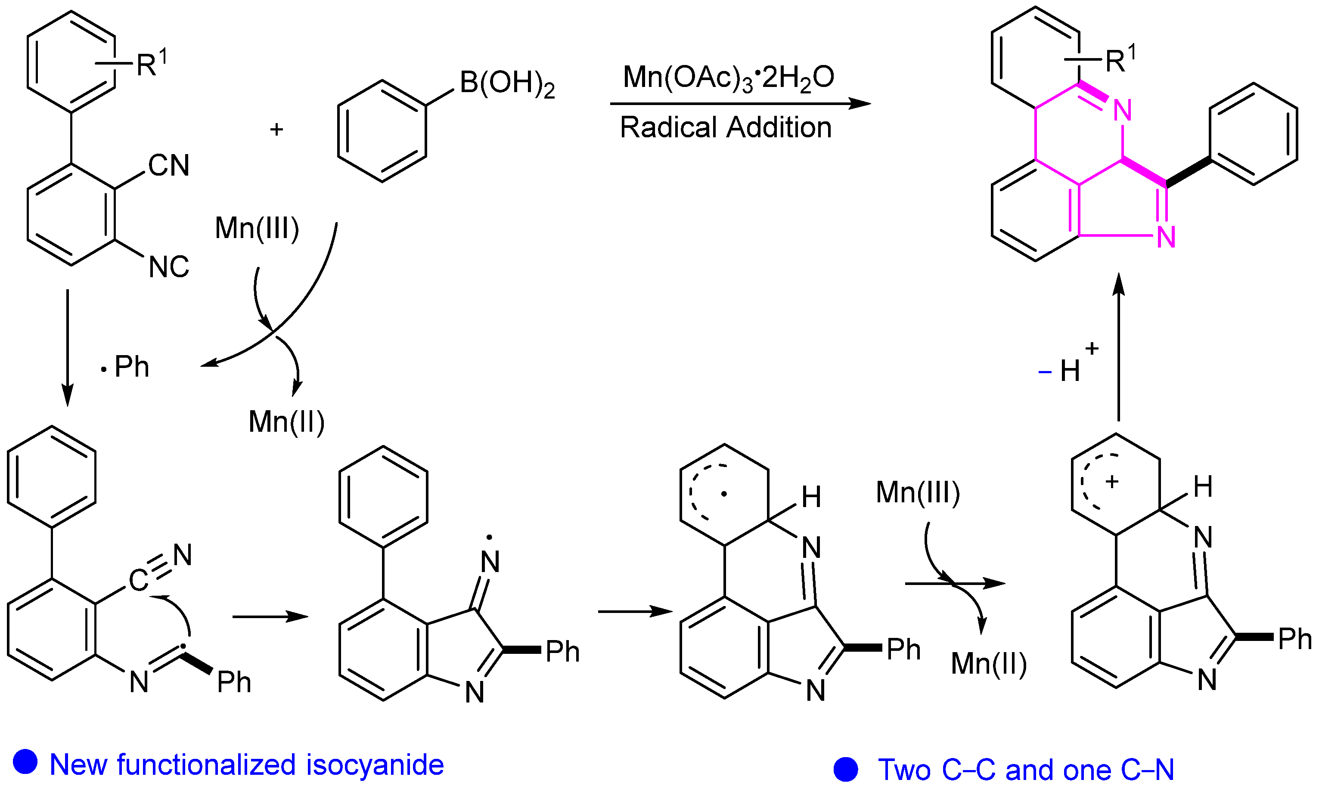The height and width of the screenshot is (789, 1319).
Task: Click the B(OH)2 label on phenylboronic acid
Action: [507, 84]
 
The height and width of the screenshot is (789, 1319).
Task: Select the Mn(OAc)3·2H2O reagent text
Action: [728, 77]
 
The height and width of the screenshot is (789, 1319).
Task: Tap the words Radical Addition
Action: [726, 127]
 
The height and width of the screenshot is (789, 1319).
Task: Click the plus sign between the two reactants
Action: [276, 129]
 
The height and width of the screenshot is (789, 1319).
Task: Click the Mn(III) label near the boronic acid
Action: [257, 228]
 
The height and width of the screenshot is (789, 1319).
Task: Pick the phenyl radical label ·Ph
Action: [127, 367]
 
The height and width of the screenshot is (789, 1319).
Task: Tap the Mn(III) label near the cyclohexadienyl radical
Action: [918, 492]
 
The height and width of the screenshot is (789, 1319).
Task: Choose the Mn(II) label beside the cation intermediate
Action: [989, 663]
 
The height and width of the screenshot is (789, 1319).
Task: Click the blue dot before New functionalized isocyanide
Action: [25, 761]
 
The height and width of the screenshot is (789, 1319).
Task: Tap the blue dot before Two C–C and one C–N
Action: [846, 769]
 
